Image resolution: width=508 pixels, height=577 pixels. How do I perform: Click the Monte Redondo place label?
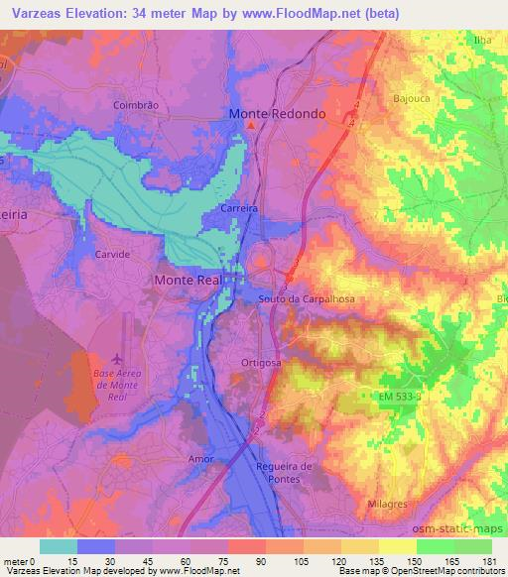coord(277,114)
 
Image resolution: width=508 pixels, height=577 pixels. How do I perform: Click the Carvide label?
coord(112,255)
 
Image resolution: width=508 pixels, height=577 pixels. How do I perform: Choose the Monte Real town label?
coord(189,281)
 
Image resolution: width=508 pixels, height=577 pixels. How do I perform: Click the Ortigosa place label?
coord(262,364)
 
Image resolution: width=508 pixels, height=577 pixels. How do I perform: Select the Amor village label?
coord(200,459)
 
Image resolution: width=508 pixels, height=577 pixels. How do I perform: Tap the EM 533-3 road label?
coord(388,397)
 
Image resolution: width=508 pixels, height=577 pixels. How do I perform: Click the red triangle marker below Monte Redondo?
coord(251,126)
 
